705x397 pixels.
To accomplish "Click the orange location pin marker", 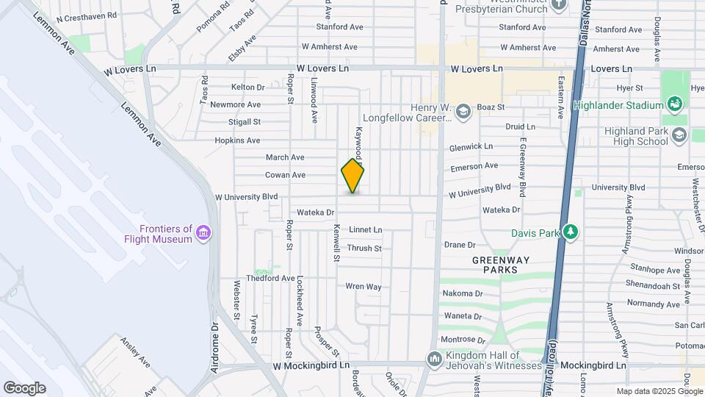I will (352, 175).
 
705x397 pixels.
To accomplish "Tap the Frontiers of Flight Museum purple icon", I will (203, 234).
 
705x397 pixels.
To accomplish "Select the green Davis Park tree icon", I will (571, 233).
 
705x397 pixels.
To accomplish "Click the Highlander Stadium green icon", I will (673, 104).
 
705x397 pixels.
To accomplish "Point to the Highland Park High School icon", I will (679, 135).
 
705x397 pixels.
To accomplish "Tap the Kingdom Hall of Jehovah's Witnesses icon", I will (434, 359).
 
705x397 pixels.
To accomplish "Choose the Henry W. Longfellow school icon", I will (463, 112).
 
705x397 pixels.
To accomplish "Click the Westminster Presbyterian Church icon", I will (560, 4).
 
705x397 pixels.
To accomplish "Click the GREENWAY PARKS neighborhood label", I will (495, 265).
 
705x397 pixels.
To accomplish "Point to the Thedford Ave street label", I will (270, 279).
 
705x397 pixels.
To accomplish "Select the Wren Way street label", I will (364, 286).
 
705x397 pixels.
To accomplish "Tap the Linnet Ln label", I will (365, 230).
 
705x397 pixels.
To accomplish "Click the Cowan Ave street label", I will (285, 175).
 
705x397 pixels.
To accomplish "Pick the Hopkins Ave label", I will (237, 140).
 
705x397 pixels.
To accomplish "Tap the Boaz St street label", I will (491, 107).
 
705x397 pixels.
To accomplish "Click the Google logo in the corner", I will (24, 387).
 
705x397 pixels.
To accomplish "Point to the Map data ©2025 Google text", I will (659, 391).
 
